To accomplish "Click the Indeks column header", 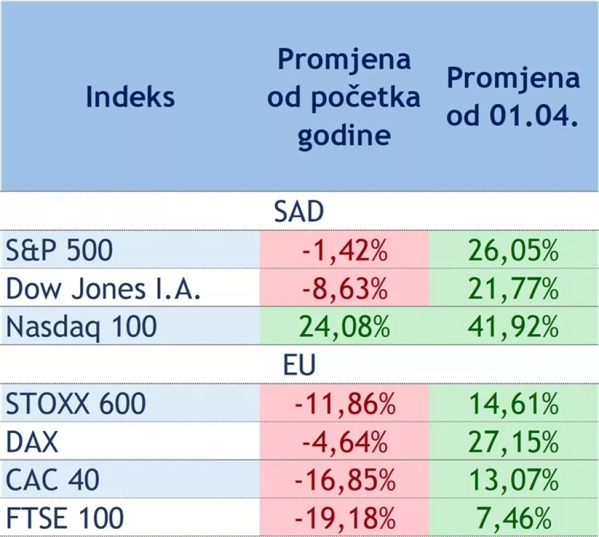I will [x=130, y=97].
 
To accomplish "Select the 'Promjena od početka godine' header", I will [x=344, y=97].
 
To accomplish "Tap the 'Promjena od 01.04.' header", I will [x=513, y=97].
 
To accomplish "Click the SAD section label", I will [x=299, y=212].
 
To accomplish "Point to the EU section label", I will [x=299, y=365].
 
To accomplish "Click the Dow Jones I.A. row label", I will [x=104, y=288].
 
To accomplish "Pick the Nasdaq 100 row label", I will [x=81, y=326].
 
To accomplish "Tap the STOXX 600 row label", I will [x=75, y=404].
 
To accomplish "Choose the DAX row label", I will [x=33, y=442].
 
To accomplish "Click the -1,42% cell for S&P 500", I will [x=345, y=250].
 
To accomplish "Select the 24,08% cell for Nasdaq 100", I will [x=345, y=326].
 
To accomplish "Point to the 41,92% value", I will [x=514, y=326].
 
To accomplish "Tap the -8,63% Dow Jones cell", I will [x=345, y=288].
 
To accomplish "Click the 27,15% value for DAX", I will [x=514, y=442].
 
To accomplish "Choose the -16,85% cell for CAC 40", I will [x=345, y=480].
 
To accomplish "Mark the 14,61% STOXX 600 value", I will [x=514, y=404].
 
